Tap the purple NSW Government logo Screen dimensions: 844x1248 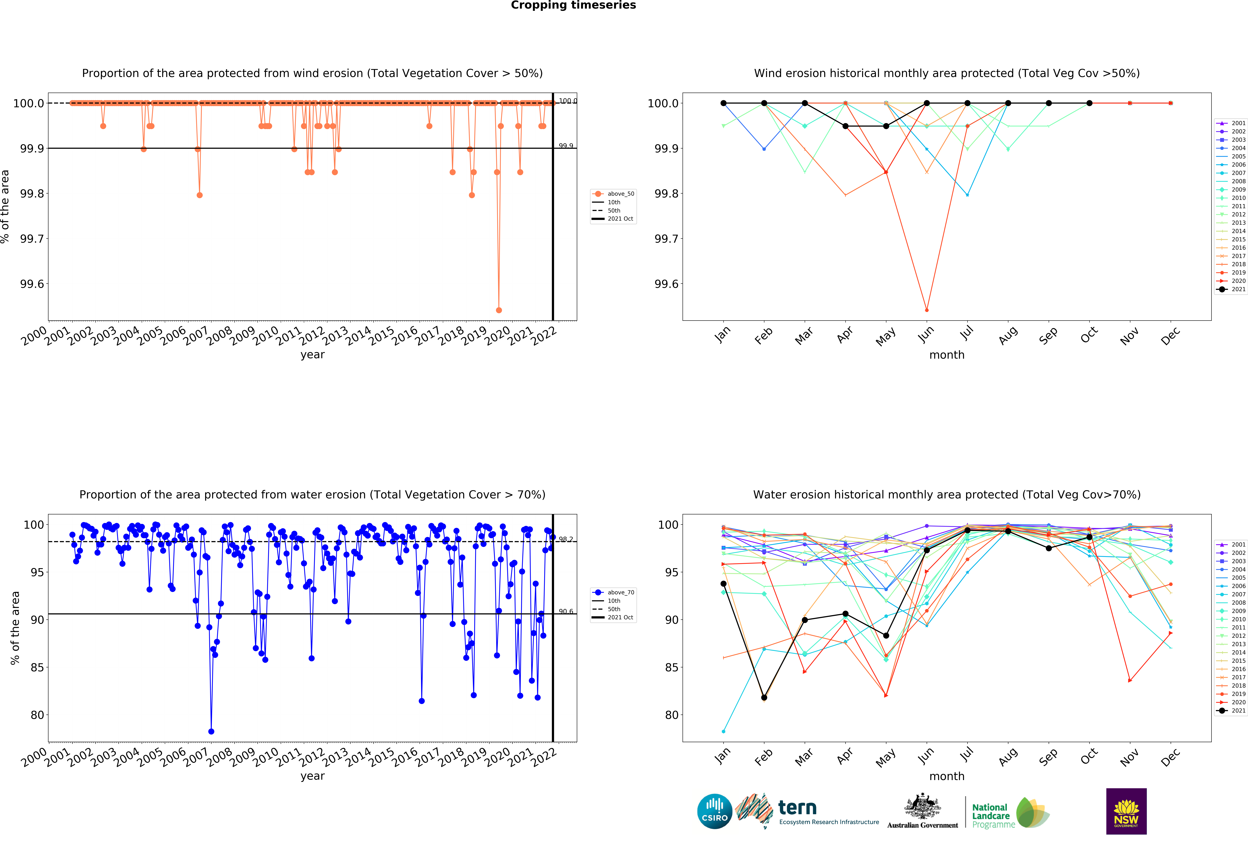pos(1126,811)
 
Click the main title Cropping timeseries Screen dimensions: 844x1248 pos(573,5)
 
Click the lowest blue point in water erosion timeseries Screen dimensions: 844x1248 pos(211,731)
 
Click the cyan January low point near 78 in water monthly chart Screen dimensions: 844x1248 pos(723,731)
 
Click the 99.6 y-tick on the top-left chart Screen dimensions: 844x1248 pos(32,284)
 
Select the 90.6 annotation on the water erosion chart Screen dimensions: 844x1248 pos(565,611)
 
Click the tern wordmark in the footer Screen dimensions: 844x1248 pos(797,807)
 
